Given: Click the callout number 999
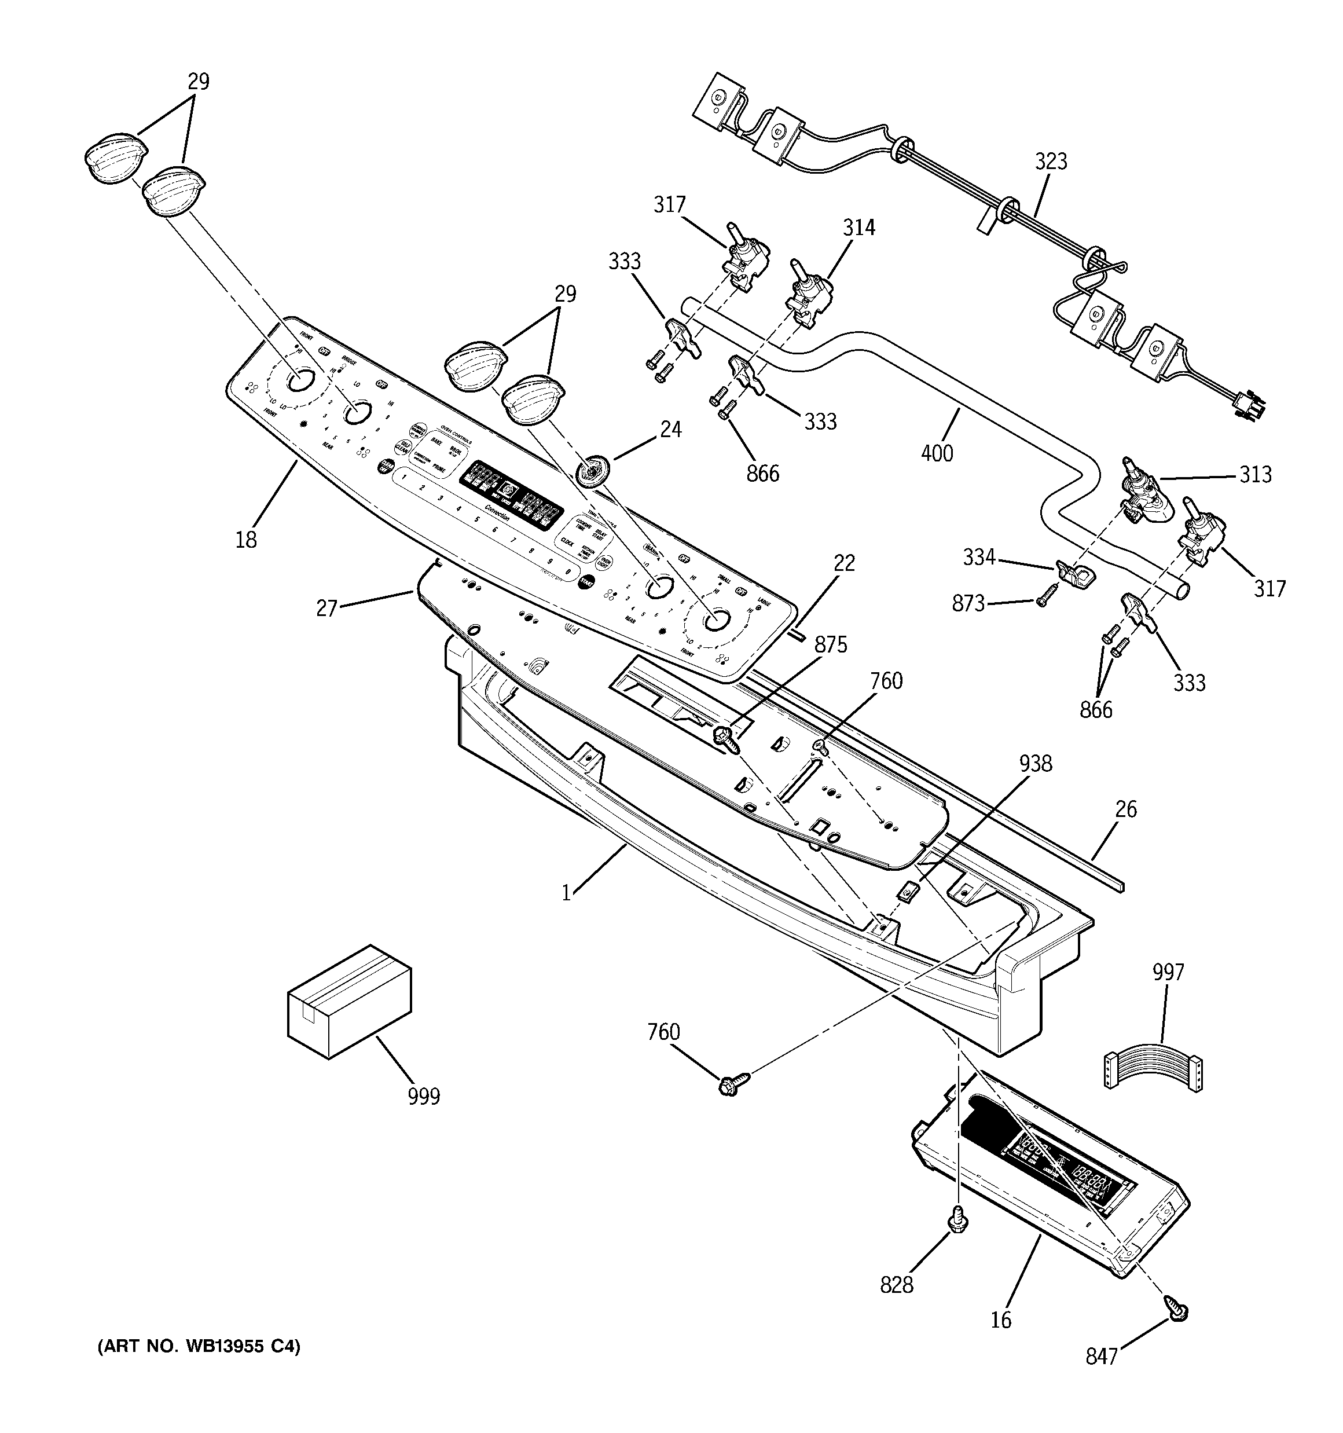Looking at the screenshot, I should click(x=423, y=1097).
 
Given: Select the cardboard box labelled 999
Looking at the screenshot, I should click(x=349, y=1001).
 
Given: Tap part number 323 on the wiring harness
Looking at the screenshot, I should click(x=1051, y=162).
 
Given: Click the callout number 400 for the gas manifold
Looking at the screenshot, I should click(x=937, y=453).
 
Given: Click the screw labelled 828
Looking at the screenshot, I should click(x=957, y=1219).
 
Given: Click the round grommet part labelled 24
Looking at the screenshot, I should click(x=593, y=471).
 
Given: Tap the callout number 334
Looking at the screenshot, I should click(x=979, y=557).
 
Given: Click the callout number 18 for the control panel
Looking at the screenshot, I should click(x=246, y=539).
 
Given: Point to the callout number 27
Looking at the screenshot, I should click(x=326, y=609).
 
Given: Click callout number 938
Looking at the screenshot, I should click(x=1035, y=763).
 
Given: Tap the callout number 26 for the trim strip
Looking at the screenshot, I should click(x=1125, y=809).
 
